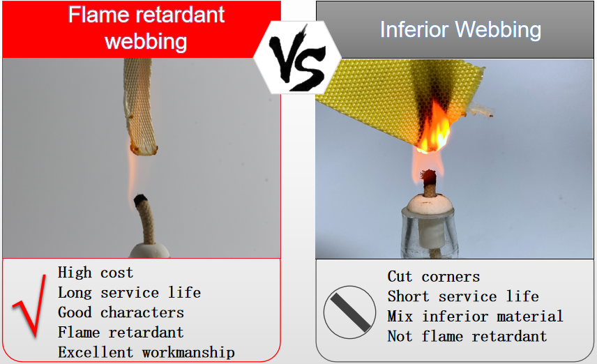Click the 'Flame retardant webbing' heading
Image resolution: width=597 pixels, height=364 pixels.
pyautogui.click(x=146, y=28)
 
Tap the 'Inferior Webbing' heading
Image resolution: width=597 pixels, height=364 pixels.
pyautogui.click(x=460, y=29)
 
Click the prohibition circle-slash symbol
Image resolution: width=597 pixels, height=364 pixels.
pyautogui.click(x=349, y=312)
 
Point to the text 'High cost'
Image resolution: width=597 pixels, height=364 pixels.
pyautogui.click(x=96, y=273)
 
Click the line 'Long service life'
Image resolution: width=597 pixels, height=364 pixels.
pyautogui.click(x=129, y=293)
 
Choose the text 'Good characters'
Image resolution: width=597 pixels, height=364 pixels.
pyautogui.click(x=121, y=312)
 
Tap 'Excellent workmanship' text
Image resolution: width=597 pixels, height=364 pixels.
pyautogui.click(x=146, y=352)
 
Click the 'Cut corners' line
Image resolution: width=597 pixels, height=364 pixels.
pyautogui.click(x=433, y=277)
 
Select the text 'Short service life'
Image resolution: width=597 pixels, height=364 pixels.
pyautogui.click(x=463, y=296)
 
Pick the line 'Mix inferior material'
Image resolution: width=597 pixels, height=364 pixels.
pyautogui.click(x=475, y=316)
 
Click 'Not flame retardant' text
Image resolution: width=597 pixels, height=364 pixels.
pyautogui.click(x=467, y=336)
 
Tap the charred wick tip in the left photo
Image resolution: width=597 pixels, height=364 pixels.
pyautogui.click(x=142, y=202)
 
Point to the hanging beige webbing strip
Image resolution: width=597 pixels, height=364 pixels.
pyautogui.click(x=142, y=105)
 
